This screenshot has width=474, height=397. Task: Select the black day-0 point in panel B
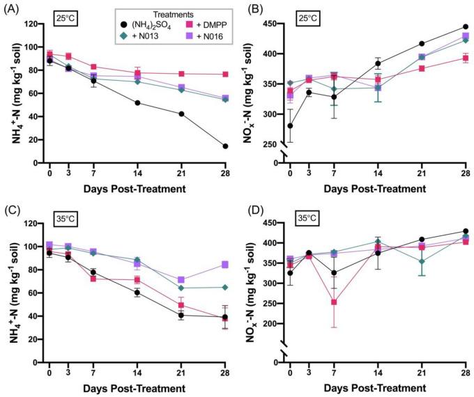pyautogui.click(x=290, y=126)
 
